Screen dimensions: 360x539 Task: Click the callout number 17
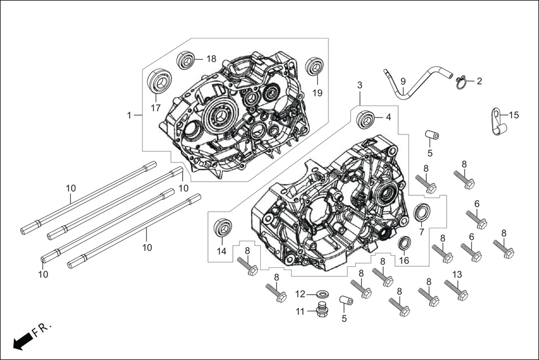[155, 107]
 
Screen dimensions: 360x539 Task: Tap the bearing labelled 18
[187, 60]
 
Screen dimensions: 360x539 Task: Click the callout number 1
[128, 116]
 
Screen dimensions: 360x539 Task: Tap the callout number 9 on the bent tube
[403, 81]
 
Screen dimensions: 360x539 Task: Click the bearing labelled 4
[366, 118]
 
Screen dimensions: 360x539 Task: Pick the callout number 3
[360, 85]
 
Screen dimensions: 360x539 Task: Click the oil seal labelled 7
[423, 213]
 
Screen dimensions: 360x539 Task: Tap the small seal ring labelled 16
[404, 243]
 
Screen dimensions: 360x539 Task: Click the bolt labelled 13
[456, 290]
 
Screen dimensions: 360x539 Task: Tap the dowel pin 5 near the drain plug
[347, 302]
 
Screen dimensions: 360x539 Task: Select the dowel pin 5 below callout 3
[431, 135]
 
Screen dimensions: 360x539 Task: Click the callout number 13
[457, 274]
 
